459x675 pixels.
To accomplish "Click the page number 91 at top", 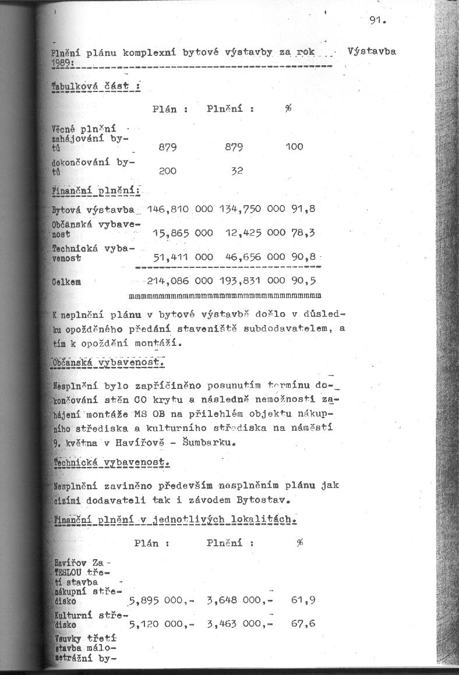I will pyautogui.click(x=377, y=21).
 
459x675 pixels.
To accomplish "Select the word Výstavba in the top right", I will pyautogui.click(x=372, y=51).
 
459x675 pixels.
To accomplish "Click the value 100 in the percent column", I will pyautogui.click(x=294, y=147).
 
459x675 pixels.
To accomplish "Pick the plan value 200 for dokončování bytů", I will pyautogui.click(x=168, y=171).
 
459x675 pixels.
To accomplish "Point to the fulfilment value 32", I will pyautogui.click(x=236, y=171).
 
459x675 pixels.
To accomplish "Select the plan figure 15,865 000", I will pyautogui.click(x=182, y=233).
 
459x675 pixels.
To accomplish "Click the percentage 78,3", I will pyautogui.click(x=303, y=233).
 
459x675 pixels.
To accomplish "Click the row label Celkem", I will pyautogui.click(x=66, y=281).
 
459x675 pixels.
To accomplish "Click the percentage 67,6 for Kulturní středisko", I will pyautogui.click(x=303, y=623).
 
